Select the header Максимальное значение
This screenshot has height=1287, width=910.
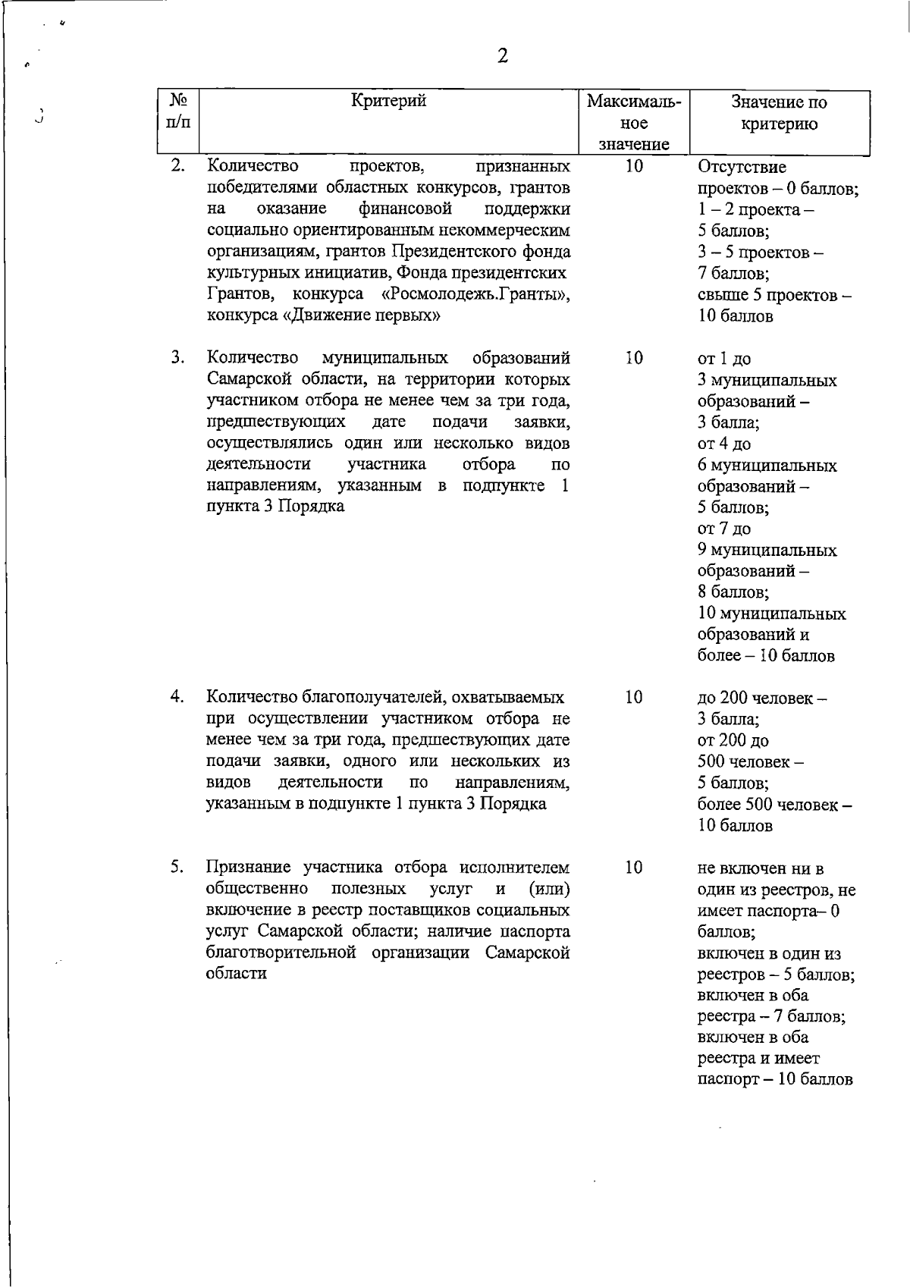pyautogui.click(x=635, y=122)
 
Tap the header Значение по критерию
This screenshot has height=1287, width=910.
pyautogui.click(x=780, y=112)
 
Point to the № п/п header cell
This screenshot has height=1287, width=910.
pyautogui.click(x=178, y=111)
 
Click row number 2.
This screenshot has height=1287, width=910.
pyautogui.click(x=177, y=165)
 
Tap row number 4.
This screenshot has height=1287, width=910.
pyautogui.click(x=177, y=696)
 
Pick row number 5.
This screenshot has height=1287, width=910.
pyautogui.click(x=177, y=867)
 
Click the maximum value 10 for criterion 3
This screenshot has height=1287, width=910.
pyautogui.click(x=634, y=357)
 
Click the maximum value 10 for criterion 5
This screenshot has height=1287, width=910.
pyautogui.click(x=634, y=867)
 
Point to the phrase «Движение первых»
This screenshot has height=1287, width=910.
pyautogui.click(x=361, y=315)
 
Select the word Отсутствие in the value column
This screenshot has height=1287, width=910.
pyautogui.click(x=742, y=167)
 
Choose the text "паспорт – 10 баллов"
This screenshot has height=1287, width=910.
pyautogui.click(x=775, y=1079)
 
